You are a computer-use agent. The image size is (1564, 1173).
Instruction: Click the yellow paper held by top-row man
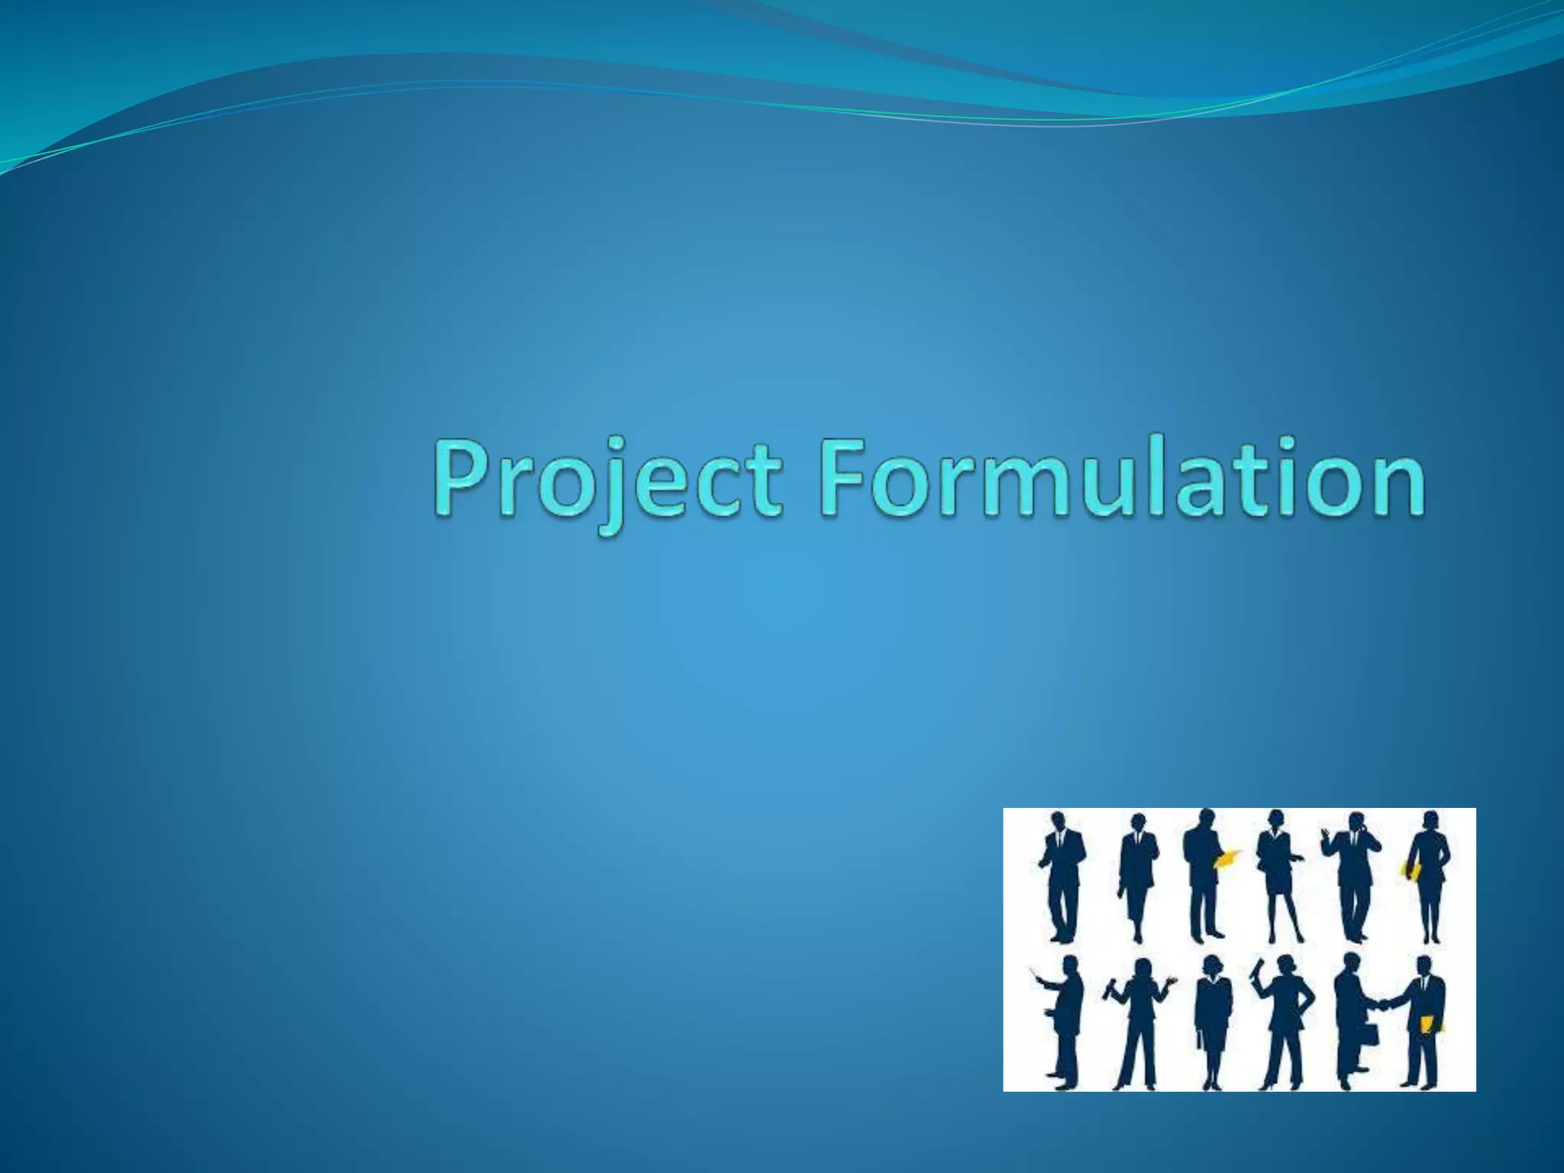click(x=1226, y=858)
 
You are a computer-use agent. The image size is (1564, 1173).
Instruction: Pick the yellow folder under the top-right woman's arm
click(x=1411, y=871)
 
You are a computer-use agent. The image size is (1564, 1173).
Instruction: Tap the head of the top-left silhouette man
click(x=1058, y=821)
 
